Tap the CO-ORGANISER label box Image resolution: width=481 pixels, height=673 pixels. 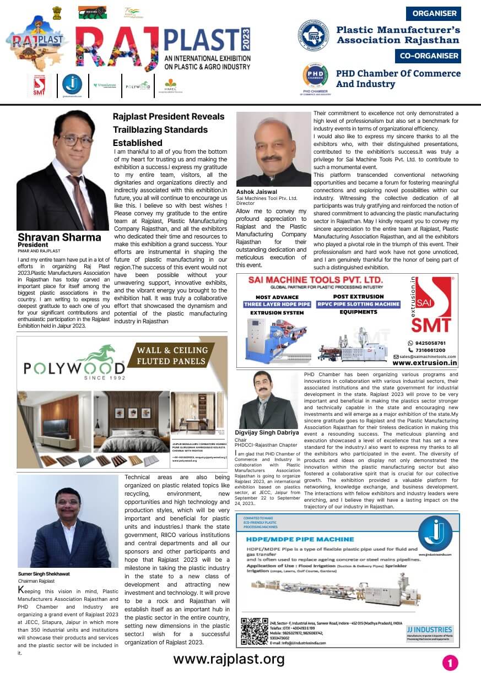point(428,56)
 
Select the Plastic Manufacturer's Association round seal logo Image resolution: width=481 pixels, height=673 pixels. point(314,35)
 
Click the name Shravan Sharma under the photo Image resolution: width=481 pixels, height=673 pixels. point(60,237)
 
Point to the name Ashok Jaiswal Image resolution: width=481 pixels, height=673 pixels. point(257,191)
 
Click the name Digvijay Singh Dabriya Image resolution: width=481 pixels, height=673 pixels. point(267,432)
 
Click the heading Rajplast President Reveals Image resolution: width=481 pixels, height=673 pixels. point(169,117)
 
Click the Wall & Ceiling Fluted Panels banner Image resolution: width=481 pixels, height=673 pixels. point(172,355)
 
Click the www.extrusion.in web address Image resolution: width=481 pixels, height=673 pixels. point(425,362)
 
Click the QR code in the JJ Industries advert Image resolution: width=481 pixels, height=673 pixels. point(254,631)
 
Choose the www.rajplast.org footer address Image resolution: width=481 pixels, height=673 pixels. point(229,659)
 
